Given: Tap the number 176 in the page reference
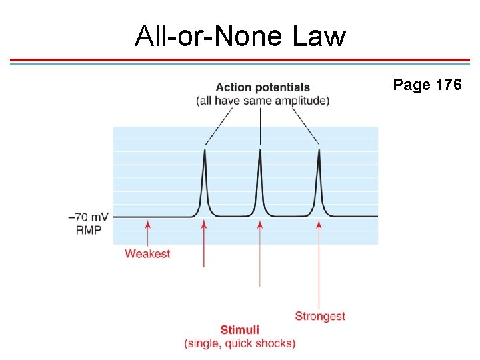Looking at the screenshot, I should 448,85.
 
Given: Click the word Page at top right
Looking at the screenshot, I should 411,85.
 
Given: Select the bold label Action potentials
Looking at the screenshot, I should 263,87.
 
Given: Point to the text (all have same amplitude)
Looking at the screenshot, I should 263,101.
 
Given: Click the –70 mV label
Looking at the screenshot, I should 88,217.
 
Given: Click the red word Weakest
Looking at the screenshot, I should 147,254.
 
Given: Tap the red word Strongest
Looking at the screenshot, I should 320,316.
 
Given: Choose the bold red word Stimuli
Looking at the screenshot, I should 240,330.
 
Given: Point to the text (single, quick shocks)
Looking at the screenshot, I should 240,343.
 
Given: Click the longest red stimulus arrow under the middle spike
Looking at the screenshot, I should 260,253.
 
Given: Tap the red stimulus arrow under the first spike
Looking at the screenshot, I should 204,244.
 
